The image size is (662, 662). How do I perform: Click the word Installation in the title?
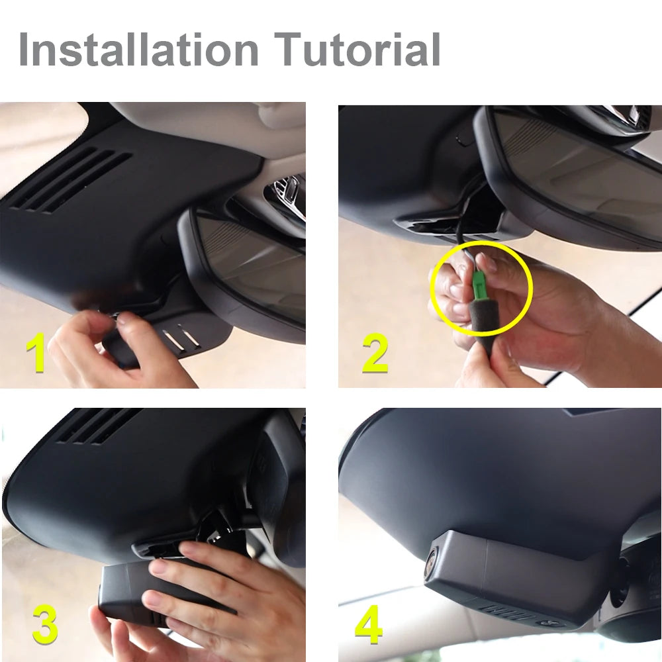tap(138, 50)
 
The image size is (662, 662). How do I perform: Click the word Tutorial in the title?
tap(357, 50)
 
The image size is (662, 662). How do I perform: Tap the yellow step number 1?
tap(36, 352)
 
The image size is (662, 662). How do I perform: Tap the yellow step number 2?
tap(375, 353)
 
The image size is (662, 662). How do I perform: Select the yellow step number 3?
tap(45, 624)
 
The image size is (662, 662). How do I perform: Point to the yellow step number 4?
tap(369, 624)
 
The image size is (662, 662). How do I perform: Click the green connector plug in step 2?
tap(479, 285)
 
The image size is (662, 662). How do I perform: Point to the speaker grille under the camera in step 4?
tap(503, 612)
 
